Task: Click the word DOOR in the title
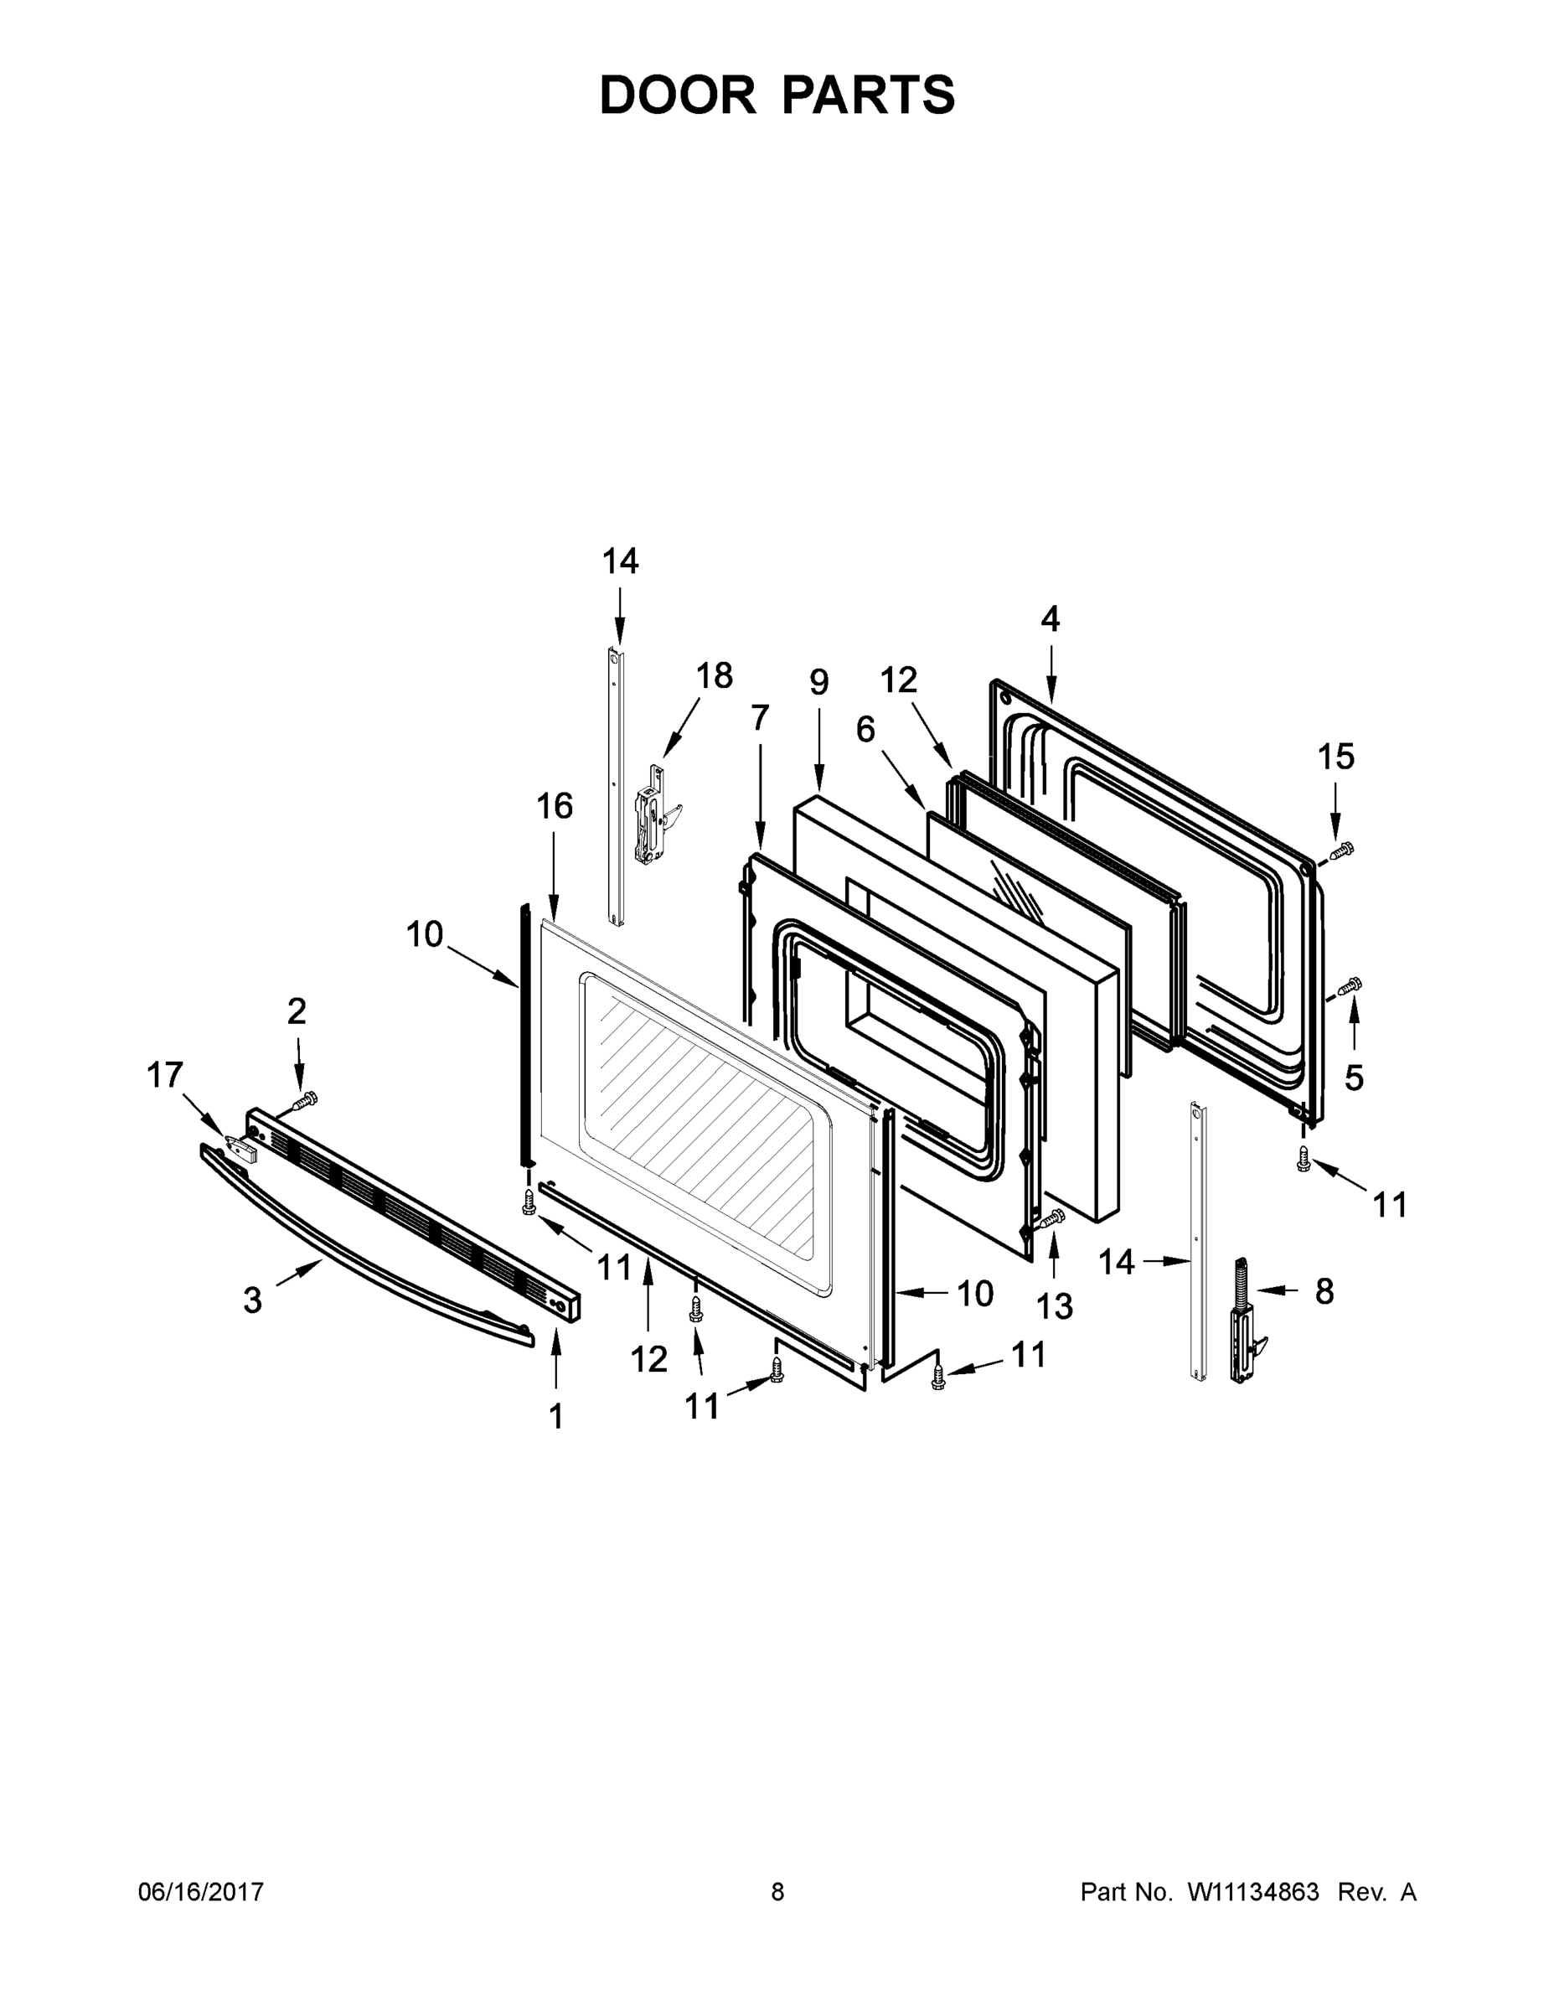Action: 677,95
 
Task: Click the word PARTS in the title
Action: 869,95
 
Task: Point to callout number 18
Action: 714,677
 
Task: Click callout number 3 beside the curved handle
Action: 252,1301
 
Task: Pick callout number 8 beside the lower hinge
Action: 1324,1292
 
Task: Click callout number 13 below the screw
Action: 1054,1305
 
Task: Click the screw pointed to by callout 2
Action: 305,1099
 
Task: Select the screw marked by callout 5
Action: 1350,988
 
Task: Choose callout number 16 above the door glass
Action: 555,806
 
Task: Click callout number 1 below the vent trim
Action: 555,1416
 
